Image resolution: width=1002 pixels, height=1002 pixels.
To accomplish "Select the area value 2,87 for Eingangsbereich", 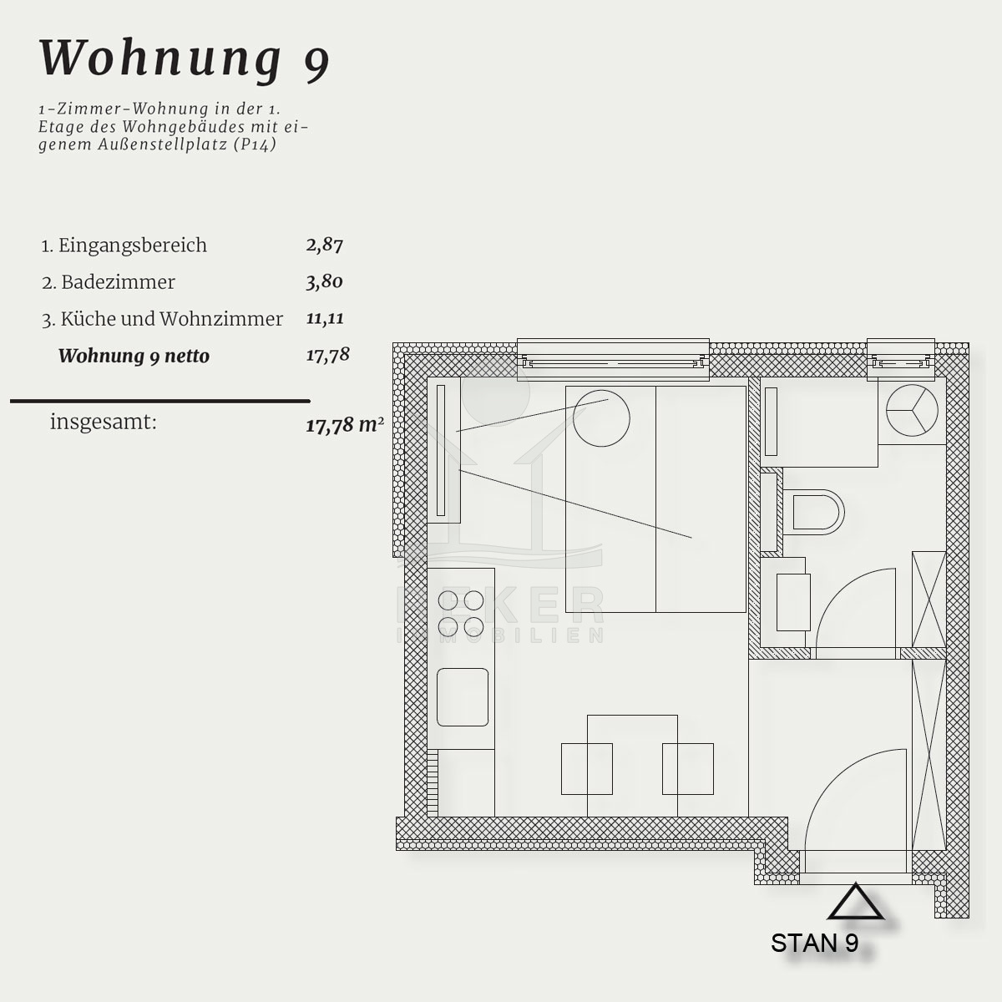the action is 325,245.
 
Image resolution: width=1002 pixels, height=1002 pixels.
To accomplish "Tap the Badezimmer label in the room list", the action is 118,282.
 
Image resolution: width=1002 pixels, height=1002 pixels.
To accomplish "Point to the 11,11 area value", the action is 325,318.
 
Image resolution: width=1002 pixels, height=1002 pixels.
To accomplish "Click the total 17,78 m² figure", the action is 345,425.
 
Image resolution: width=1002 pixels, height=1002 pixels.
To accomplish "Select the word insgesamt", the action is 103,422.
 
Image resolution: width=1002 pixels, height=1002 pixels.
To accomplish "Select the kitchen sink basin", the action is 463,696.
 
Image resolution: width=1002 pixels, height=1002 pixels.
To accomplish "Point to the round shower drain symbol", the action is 912,410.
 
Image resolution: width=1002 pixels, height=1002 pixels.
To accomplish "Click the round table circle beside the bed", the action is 601,418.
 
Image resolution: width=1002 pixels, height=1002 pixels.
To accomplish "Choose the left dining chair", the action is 586,768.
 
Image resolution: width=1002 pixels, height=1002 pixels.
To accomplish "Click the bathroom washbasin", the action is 793,602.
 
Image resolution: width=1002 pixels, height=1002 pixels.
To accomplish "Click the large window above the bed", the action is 613,360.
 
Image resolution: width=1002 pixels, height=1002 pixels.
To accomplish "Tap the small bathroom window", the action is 901,360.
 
